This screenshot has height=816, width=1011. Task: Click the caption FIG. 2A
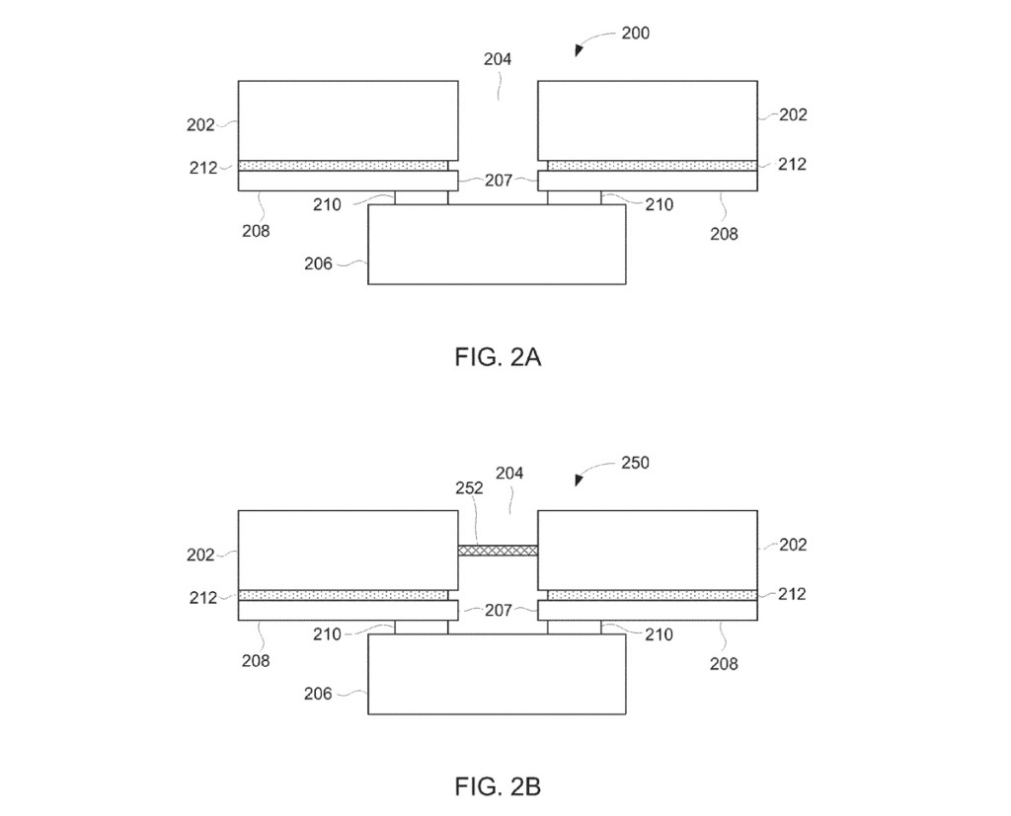pyautogui.click(x=498, y=357)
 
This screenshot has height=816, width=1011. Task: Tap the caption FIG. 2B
pyautogui.click(x=498, y=786)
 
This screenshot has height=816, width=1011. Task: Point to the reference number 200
pyautogui.click(x=635, y=34)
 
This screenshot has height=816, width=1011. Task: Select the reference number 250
pyautogui.click(x=635, y=463)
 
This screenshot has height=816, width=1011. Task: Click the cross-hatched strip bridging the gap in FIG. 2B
pyautogui.click(x=498, y=550)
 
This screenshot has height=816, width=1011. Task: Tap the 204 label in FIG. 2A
pyautogui.click(x=498, y=59)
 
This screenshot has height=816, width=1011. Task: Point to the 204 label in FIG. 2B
pyautogui.click(x=509, y=474)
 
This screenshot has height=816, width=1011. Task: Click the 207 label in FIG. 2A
pyautogui.click(x=498, y=181)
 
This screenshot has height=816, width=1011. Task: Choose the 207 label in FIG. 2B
pyautogui.click(x=498, y=612)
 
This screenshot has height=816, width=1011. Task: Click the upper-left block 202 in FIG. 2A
pyautogui.click(x=348, y=119)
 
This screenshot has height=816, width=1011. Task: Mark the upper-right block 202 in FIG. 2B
pyautogui.click(x=648, y=549)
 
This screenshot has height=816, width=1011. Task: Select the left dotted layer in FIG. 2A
pyautogui.click(x=343, y=166)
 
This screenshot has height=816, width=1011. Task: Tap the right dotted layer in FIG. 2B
pyautogui.click(x=652, y=595)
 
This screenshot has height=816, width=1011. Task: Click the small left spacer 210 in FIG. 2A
pyautogui.click(x=421, y=197)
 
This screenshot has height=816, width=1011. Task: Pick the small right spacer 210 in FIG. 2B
pyautogui.click(x=574, y=628)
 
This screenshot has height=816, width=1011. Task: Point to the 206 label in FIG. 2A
pyautogui.click(x=318, y=263)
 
